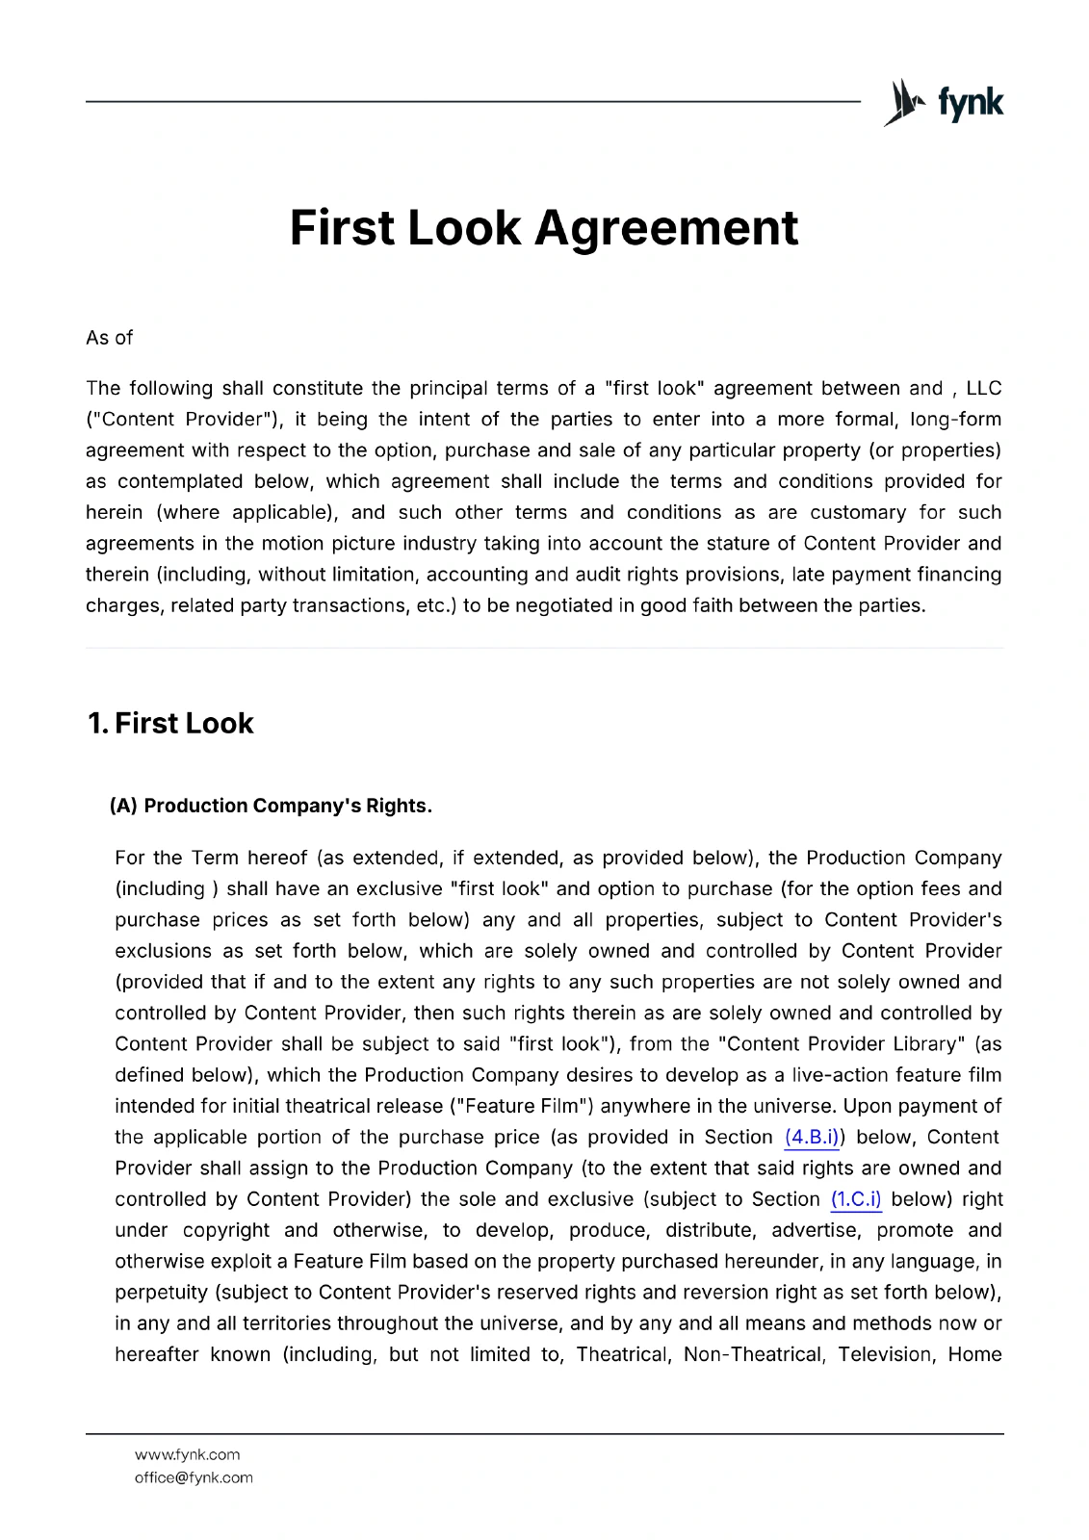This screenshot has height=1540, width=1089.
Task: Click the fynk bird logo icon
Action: click(x=904, y=102)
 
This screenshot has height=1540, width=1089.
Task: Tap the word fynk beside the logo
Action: click(x=971, y=102)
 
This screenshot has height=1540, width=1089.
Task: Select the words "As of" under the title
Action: click(x=109, y=338)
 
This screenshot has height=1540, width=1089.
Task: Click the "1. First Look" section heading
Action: click(x=170, y=723)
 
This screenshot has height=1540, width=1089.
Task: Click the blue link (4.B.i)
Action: click(x=811, y=1137)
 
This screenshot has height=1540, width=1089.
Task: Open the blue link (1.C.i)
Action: click(x=856, y=1199)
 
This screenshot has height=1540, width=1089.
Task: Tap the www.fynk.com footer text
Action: click(x=187, y=1454)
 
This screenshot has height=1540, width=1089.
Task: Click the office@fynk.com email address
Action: click(x=194, y=1477)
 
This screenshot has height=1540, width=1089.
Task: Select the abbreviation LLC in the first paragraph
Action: click(x=983, y=388)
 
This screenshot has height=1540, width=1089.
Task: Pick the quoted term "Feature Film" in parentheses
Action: click(x=528, y=1106)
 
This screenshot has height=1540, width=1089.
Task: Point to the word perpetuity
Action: click(x=161, y=1292)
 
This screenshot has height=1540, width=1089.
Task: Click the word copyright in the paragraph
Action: click(x=226, y=1230)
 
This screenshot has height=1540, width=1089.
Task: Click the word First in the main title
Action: click(x=342, y=228)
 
